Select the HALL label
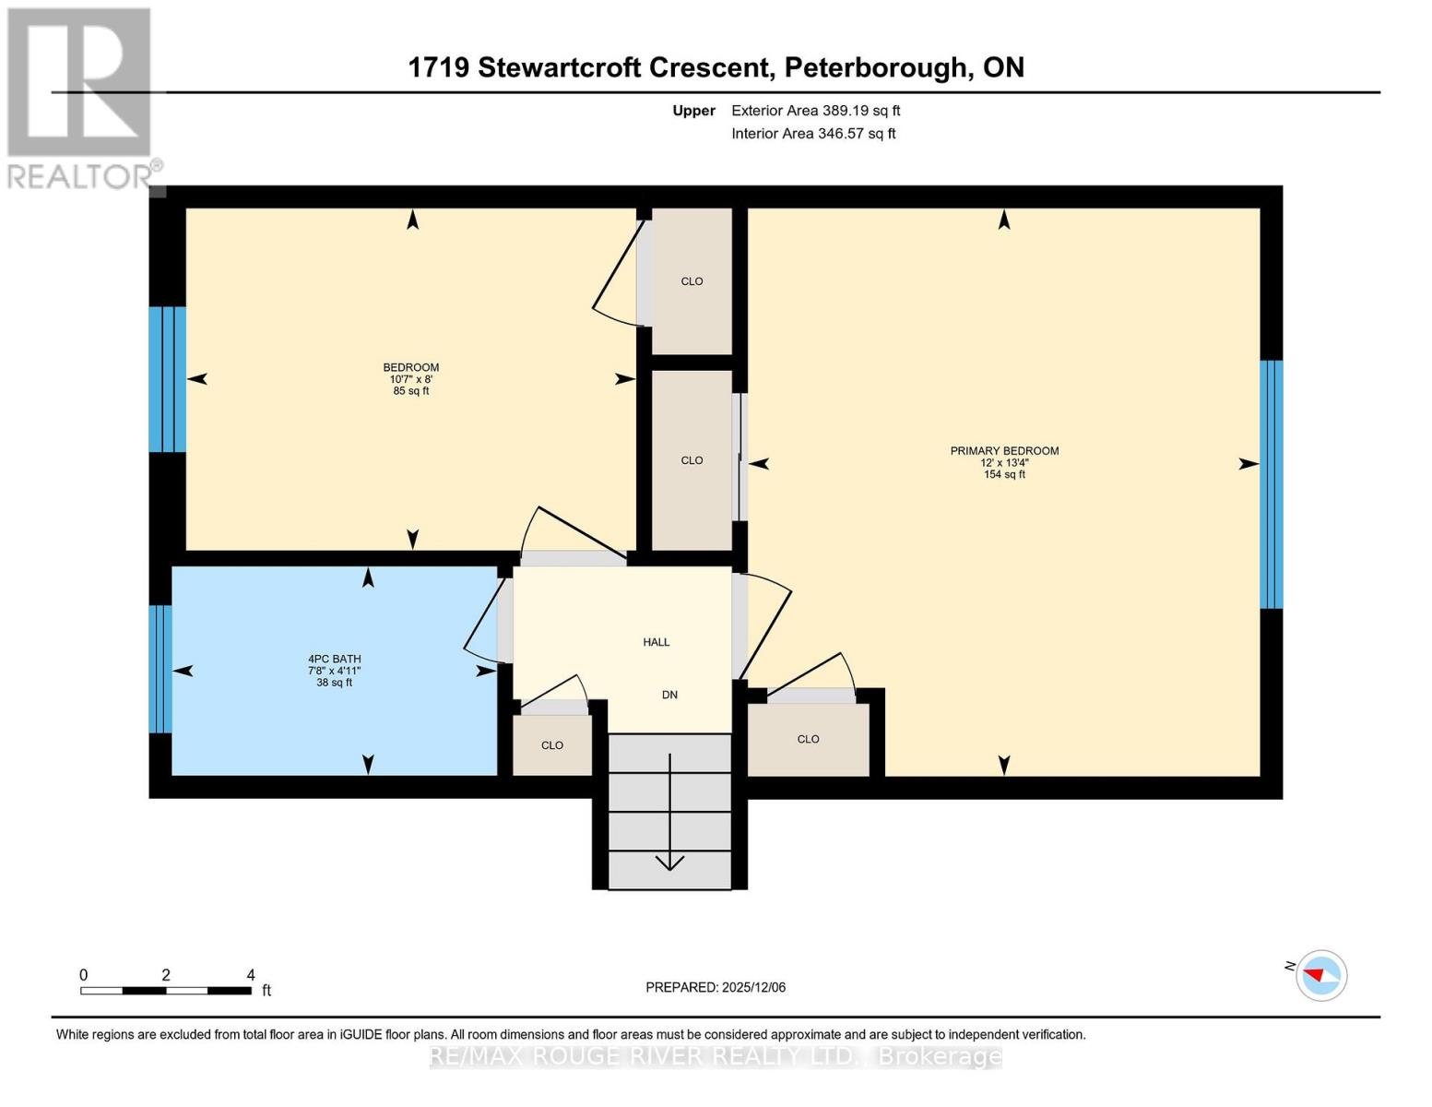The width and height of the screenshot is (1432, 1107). point(657,642)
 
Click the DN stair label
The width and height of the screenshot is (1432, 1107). point(669,695)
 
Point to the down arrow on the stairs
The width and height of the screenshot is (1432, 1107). point(669,862)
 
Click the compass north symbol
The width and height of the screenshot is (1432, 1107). point(1321,975)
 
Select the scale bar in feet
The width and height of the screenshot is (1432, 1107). point(166,991)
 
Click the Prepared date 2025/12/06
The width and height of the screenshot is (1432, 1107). point(716,987)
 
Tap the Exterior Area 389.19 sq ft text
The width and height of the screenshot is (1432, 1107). point(815,111)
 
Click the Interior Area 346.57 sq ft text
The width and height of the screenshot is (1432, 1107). point(813,134)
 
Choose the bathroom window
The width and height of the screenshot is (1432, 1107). point(160,669)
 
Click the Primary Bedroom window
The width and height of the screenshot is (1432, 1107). point(1272,484)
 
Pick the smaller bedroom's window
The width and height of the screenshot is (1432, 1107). point(167,379)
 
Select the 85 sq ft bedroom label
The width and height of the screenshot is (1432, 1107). point(411,379)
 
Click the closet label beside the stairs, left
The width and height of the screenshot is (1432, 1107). point(552,745)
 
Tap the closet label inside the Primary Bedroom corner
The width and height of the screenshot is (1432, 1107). point(808,739)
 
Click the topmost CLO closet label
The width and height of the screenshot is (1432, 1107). point(692,281)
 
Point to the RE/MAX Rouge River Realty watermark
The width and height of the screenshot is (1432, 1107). point(716,1056)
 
